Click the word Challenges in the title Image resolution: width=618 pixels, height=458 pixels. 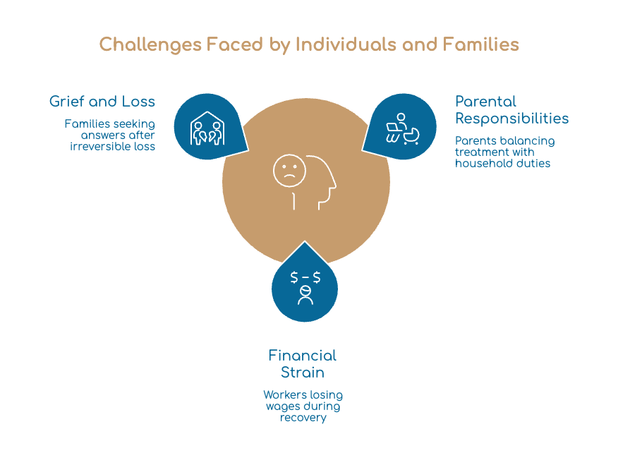[150, 44]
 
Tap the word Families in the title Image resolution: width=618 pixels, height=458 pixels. [480, 44]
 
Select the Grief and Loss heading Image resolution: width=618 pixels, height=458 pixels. [102, 102]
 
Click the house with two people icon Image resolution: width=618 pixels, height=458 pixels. [207, 128]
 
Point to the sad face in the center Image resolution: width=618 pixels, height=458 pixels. [289, 171]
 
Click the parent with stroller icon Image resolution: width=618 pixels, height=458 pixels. [402, 129]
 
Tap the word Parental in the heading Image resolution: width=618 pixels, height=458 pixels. [485, 102]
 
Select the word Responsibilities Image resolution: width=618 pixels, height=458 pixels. [512, 119]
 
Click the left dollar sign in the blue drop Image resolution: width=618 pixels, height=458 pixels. [294, 277]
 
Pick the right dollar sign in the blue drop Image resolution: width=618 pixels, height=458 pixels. [317, 277]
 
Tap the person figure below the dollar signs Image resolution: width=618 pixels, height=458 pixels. [305, 296]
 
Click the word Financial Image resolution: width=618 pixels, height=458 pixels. [303, 356]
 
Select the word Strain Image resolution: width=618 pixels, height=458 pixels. [303, 373]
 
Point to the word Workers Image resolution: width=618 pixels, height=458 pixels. [285, 394]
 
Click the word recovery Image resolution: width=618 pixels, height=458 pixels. [303, 417]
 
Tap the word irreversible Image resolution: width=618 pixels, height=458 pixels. [101, 146]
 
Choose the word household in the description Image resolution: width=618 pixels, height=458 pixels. [481, 163]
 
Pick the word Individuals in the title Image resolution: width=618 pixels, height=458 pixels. [346, 44]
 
